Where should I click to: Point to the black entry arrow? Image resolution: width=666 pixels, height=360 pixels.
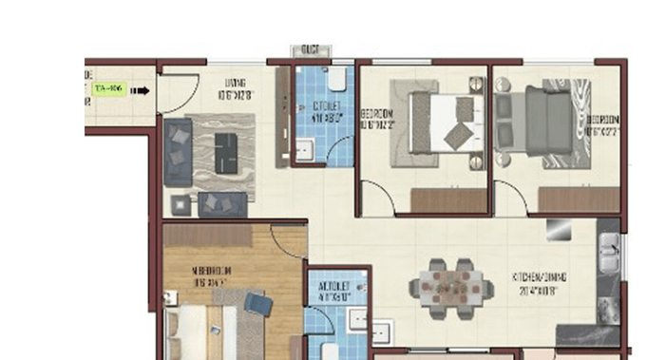140,91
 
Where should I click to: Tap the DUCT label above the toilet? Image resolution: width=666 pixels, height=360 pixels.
310,49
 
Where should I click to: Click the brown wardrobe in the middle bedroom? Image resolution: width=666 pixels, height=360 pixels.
447,199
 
